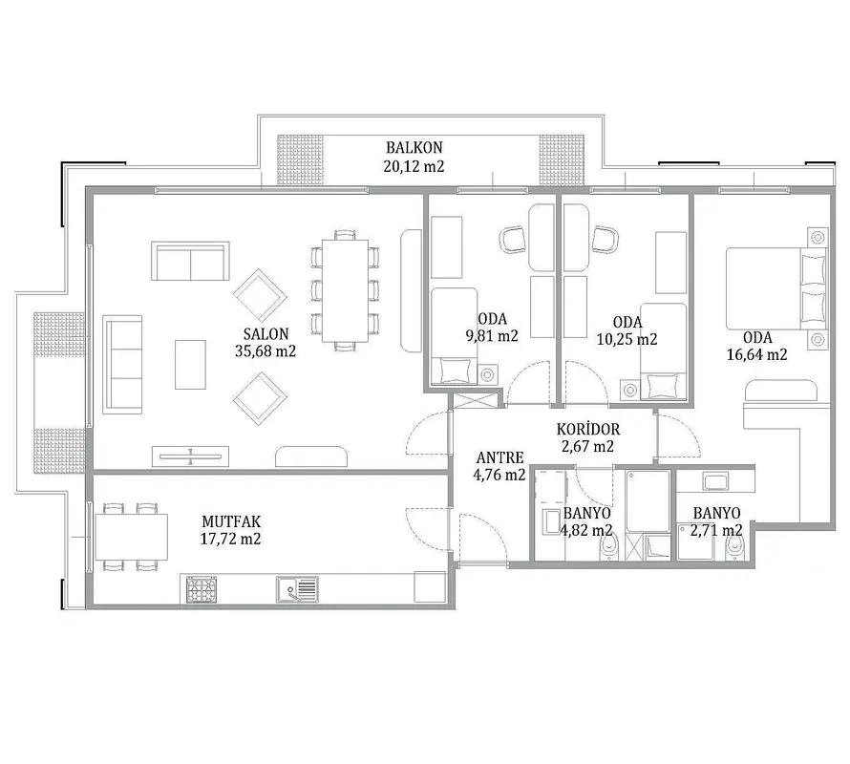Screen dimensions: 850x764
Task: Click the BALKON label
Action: point(414,147)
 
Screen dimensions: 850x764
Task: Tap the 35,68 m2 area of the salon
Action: point(266,351)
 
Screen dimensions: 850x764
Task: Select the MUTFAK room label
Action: point(231,521)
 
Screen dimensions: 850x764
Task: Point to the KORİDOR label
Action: point(588,430)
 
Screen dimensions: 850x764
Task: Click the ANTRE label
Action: point(499,457)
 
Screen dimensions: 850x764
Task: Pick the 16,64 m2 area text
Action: point(756,354)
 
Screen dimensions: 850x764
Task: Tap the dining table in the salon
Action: point(346,290)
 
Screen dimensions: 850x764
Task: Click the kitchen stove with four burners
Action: point(202,589)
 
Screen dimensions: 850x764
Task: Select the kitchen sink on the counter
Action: point(297,589)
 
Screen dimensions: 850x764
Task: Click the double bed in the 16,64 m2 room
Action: point(776,288)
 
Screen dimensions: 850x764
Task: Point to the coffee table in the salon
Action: point(190,365)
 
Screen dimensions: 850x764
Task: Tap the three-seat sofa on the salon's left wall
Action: point(122,365)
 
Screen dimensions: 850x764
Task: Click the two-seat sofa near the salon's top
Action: point(190,262)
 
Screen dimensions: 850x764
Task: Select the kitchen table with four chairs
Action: point(131,537)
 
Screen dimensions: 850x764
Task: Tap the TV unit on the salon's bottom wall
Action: point(190,456)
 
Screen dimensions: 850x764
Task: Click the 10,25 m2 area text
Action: point(627,339)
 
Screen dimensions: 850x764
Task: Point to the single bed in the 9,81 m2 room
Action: point(455,336)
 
